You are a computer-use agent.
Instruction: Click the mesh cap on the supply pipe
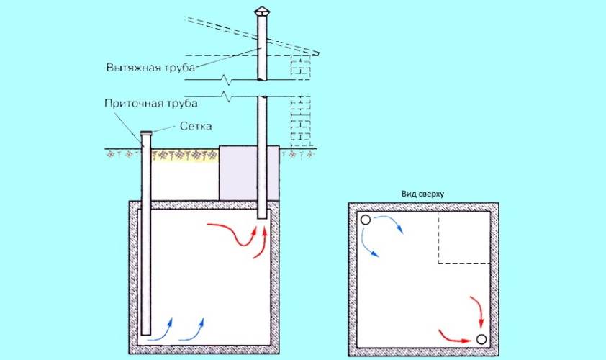(146, 133)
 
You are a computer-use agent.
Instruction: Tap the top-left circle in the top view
(366, 220)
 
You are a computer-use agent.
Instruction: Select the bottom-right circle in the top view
(481, 339)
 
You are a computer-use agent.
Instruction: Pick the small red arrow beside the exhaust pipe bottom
(261, 243)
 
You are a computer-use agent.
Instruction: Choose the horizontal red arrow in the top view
(453, 334)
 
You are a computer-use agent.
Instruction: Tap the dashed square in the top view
(464, 238)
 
